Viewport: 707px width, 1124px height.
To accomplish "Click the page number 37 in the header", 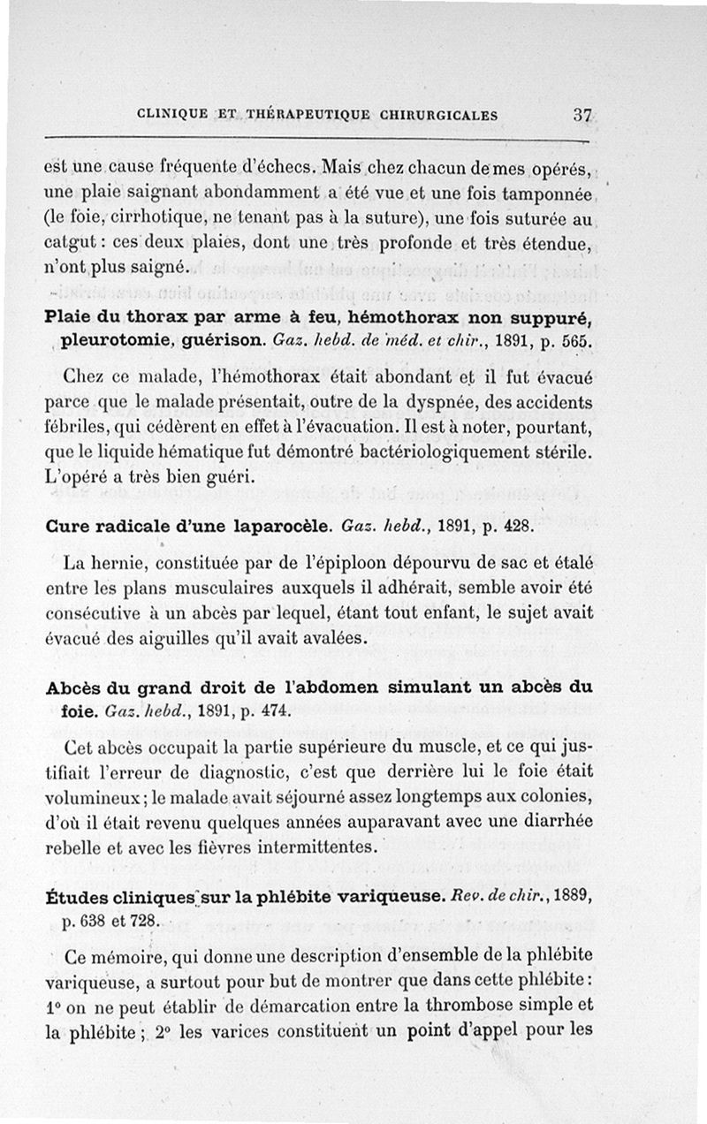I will [x=582, y=114].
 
